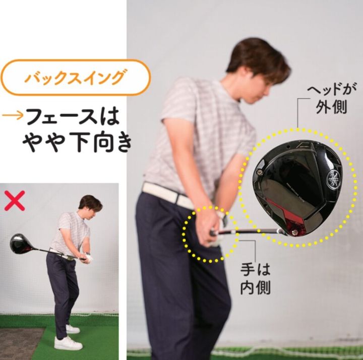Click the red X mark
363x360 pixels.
(15, 200)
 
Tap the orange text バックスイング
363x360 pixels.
(74, 78)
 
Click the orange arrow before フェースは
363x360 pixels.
(11, 116)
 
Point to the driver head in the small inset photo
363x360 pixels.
(20, 244)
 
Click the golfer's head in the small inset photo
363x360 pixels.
(90, 204)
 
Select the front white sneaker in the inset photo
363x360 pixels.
(68, 343)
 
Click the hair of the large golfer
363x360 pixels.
(255, 55)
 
